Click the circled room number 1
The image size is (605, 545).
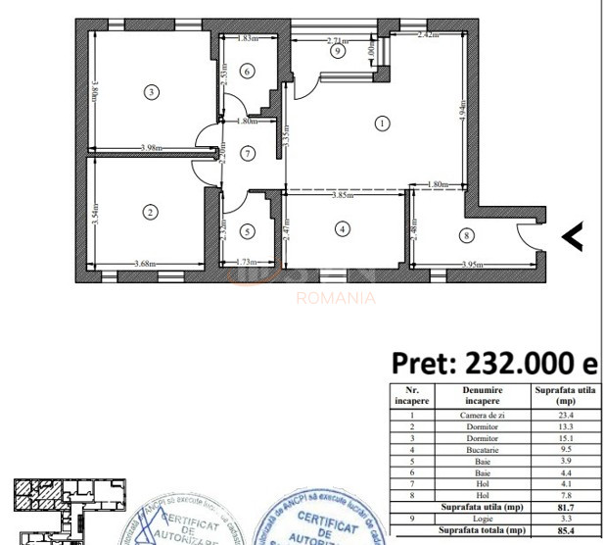coord(382,123)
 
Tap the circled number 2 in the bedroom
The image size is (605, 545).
coord(150,211)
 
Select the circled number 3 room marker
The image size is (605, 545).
coord(150,93)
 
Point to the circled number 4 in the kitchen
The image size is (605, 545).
coord(341,229)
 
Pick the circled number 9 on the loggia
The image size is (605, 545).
coord(247,71)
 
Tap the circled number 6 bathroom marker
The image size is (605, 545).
coord(247,153)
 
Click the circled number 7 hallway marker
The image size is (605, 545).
coord(337,52)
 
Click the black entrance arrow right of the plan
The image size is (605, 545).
coord(572,235)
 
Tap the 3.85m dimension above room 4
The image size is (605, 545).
coord(342,195)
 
